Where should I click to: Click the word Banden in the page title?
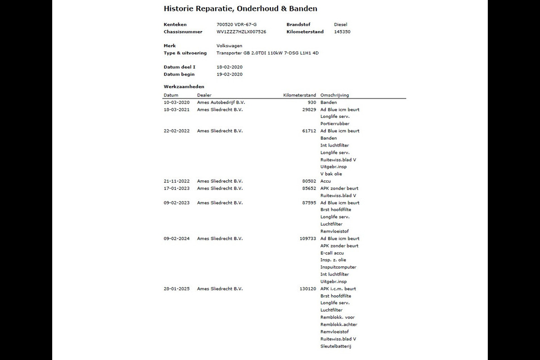[x=304, y=9]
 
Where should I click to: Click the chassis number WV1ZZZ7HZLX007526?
[x=241, y=32]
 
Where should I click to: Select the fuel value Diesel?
[x=341, y=25]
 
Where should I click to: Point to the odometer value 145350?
[x=342, y=32]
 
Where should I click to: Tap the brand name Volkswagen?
[x=229, y=46]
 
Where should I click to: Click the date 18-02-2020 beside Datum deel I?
[x=229, y=67]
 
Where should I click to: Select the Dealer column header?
[x=204, y=95]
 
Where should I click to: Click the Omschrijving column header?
[x=334, y=95]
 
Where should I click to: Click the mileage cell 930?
[x=312, y=103]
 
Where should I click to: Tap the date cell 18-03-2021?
[x=177, y=110]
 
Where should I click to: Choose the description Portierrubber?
[x=335, y=124]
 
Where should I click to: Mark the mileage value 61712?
[x=309, y=131]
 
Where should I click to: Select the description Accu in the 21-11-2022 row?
[x=325, y=181]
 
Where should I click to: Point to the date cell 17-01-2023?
[x=177, y=189]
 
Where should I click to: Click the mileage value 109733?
[x=308, y=238]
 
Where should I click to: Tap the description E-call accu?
[x=332, y=253]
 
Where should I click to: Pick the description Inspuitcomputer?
[x=338, y=267]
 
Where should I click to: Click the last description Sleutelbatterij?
[x=336, y=346]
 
